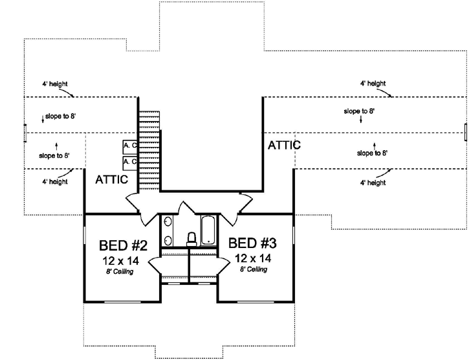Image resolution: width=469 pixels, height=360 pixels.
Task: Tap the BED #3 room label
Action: click(x=253, y=243)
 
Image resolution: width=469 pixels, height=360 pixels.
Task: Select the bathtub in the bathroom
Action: click(x=209, y=231)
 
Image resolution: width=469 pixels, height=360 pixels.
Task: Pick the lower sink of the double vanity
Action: click(x=168, y=241)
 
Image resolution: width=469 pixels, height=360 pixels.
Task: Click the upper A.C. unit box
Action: click(x=129, y=146)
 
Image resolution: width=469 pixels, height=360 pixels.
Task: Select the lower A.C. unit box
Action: click(x=129, y=161)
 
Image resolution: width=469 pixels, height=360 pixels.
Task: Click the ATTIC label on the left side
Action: click(x=112, y=179)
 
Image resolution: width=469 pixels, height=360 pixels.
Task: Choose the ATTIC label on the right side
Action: click(x=284, y=145)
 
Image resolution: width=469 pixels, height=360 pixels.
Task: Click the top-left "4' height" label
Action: click(x=54, y=84)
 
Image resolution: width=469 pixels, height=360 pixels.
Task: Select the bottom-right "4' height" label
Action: click(x=373, y=183)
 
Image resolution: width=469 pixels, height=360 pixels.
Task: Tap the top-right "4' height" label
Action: click(x=373, y=84)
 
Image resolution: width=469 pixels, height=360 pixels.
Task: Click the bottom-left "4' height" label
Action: click(x=54, y=182)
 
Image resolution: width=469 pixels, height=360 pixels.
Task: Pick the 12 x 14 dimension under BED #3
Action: click(x=253, y=257)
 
